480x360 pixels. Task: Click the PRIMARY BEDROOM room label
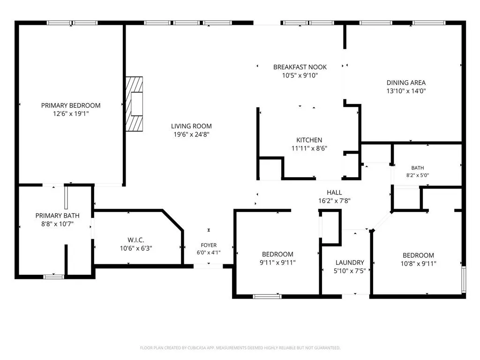coord(71,105)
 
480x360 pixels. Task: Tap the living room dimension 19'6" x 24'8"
coord(191,134)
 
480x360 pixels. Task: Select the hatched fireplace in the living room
coord(134,104)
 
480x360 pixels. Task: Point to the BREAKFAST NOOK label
coord(300,67)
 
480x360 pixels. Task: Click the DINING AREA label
coord(406,82)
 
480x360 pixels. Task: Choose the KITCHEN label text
coord(309,140)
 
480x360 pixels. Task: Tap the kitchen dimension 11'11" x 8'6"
coord(309,149)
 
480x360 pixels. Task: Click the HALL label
coord(334,193)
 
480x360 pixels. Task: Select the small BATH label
coord(418,168)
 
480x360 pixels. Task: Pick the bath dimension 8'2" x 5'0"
coord(418,175)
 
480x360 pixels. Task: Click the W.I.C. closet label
coord(135,240)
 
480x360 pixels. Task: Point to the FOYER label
coord(209,245)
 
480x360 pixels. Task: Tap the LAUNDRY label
coord(350,262)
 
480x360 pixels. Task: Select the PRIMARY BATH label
coord(57,216)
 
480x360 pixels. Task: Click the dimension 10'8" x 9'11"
coord(418,263)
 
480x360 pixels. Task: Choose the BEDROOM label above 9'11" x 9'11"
coord(277,254)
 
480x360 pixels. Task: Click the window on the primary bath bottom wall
coord(53,277)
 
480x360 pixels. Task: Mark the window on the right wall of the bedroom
coord(464,279)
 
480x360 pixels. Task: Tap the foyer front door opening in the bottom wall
coord(208,266)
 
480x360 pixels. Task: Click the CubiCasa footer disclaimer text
coord(240,348)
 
